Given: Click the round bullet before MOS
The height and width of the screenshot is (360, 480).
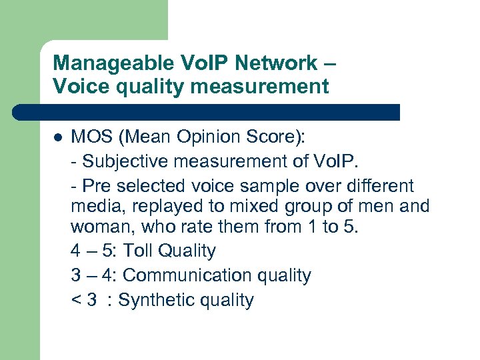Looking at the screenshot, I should [x=57, y=137].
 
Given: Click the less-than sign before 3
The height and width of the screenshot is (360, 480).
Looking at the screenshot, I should [x=75, y=300].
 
